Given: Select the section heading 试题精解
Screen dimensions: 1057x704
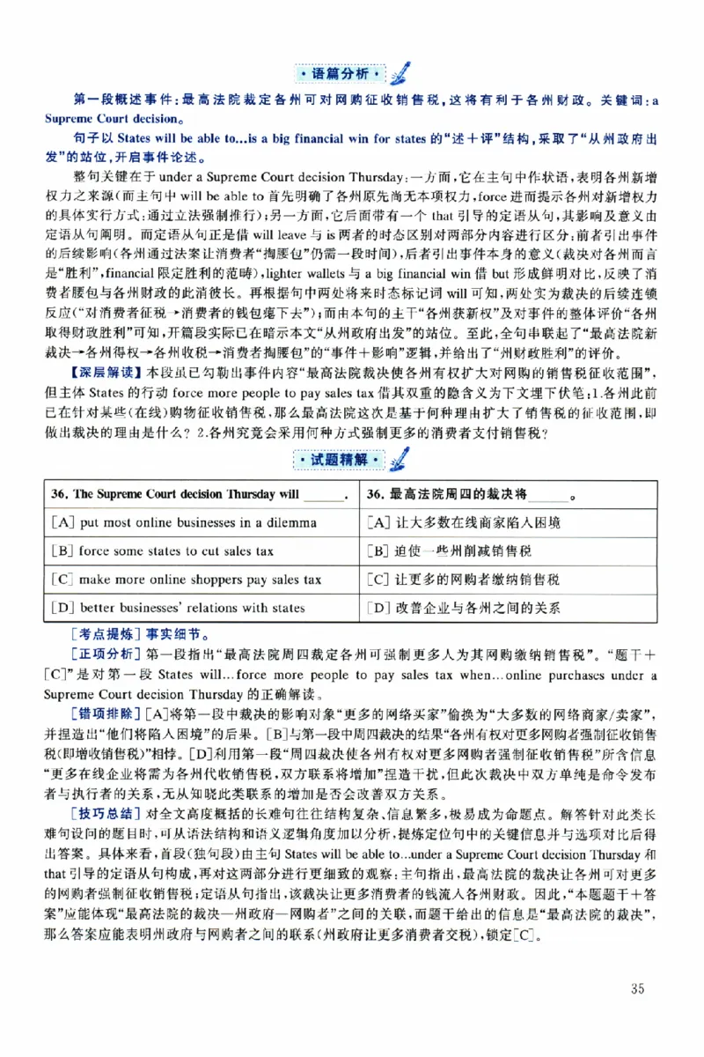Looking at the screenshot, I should coord(338,460).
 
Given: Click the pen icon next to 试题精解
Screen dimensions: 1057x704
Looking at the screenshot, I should coord(399,457).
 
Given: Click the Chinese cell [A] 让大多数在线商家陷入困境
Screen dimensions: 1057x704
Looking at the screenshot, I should coord(463,522).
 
